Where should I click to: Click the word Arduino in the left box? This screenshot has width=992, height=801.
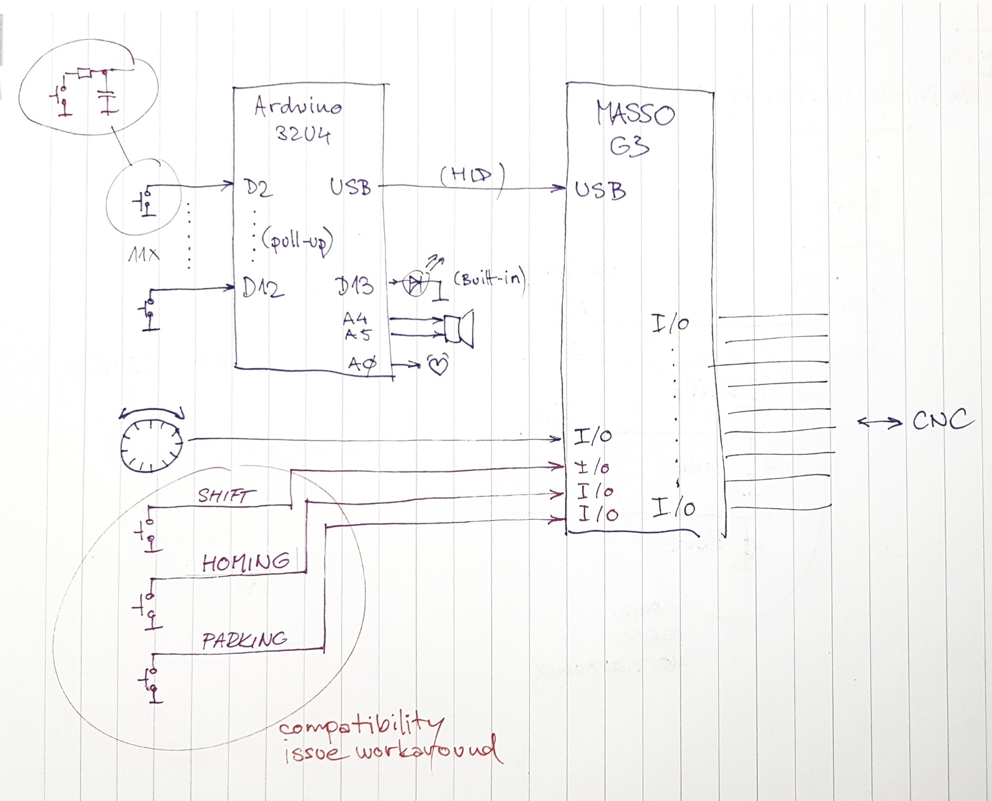click(x=298, y=106)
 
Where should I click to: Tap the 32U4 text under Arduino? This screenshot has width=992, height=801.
click(x=303, y=134)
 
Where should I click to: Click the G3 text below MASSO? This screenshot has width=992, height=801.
click(x=629, y=145)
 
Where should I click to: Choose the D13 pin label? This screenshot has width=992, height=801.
click(x=355, y=286)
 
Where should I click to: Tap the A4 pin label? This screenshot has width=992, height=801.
click(x=355, y=318)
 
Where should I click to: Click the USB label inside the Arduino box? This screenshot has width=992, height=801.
click(x=350, y=187)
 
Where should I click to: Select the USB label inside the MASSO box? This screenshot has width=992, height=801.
click(x=600, y=190)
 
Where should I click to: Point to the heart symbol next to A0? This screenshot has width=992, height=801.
click(x=438, y=364)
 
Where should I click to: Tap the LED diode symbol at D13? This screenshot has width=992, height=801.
click(x=416, y=284)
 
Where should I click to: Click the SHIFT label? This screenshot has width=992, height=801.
click(x=226, y=496)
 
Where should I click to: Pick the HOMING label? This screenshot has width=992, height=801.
click(x=246, y=563)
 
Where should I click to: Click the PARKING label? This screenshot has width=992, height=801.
click(x=245, y=640)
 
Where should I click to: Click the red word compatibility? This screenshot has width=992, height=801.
click(x=361, y=727)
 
